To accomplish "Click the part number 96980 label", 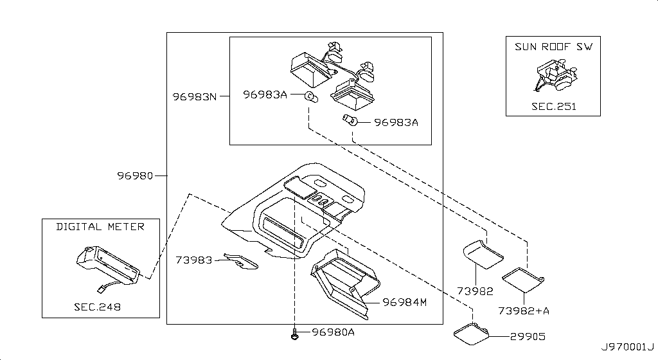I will pos(135,175).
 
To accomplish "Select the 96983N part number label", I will pos(193,97).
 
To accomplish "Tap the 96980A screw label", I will pos(333,332).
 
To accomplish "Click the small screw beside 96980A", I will pos(294,334).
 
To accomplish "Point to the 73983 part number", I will pos(194,260).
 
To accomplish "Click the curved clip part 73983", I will pos(243,261).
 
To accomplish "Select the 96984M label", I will pos(405,301).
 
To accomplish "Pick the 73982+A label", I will pos(524,310).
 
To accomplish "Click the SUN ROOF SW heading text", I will pos(553,47).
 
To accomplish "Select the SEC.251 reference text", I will pos(553,106).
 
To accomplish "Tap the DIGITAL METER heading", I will pos(100,226).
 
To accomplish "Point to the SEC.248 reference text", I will pos(97,307).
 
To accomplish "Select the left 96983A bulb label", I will pos(265,95).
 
